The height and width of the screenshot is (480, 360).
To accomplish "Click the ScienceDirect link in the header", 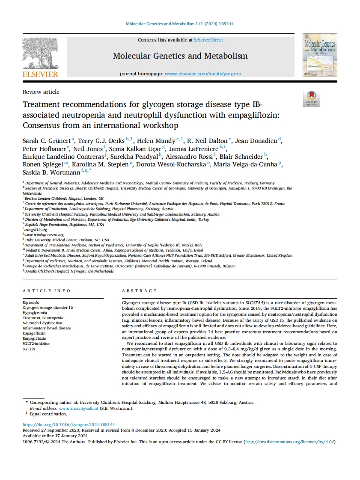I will point(208,40).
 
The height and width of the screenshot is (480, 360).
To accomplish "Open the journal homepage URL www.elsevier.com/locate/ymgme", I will point(203,74).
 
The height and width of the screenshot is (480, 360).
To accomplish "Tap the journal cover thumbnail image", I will point(320,55).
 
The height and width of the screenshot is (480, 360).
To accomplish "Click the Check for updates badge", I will point(311,98).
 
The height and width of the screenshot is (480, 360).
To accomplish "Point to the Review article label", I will point(41,92).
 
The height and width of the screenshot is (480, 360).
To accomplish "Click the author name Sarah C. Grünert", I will point(47,141).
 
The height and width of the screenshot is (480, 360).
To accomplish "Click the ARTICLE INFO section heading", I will point(47,291).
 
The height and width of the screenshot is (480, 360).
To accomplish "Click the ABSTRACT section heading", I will point(139,291).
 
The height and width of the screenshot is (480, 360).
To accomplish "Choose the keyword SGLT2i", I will point(29,349).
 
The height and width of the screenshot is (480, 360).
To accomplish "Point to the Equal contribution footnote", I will point(48,414).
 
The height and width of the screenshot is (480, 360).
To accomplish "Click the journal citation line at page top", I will point(180,24).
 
